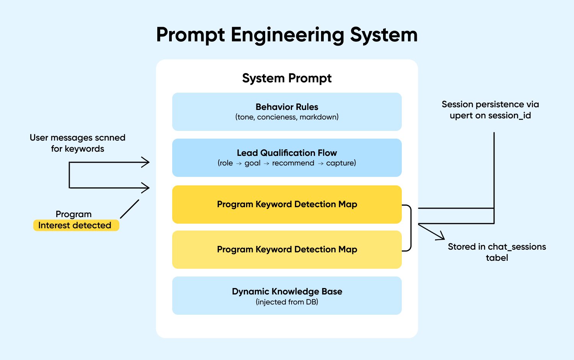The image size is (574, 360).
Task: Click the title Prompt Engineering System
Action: tap(287, 35)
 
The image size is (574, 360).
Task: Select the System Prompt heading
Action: tap(287, 78)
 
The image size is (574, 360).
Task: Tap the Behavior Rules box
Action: tap(287, 111)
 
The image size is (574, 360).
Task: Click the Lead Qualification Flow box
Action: tap(287, 157)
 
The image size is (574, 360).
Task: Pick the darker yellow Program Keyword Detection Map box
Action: tap(287, 204)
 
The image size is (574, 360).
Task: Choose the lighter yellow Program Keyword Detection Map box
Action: tap(287, 249)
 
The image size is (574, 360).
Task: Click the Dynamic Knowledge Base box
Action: tap(287, 296)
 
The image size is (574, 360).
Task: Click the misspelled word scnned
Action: tap(110, 137)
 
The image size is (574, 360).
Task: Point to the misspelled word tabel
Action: tap(497, 258)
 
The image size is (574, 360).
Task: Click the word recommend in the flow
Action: tap(293, 163)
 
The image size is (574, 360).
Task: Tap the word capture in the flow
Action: tap(340, 163)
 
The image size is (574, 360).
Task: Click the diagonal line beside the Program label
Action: tap(130, 209)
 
